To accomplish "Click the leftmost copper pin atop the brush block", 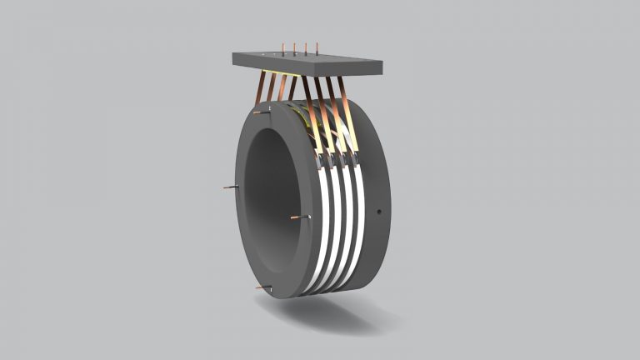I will tap(283, 49).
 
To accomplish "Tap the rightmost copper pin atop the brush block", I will tap(317, 49).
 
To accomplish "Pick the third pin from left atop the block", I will tap(307, 49).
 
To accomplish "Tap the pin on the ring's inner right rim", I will tap(300, 217).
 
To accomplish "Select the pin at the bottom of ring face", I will tap(265, 287).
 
